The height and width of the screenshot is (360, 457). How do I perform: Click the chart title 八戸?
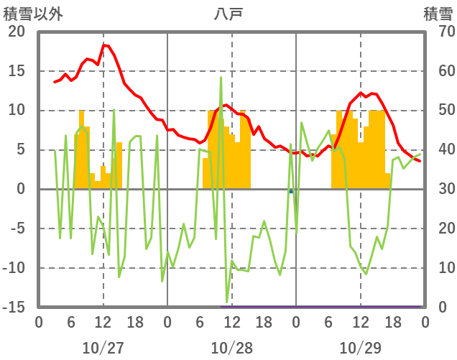coord(229,14)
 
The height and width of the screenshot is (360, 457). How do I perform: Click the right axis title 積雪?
coord(438,14)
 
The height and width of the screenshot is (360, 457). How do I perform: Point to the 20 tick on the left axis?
coord(17,32)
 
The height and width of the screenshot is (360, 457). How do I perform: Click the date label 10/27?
coord(103,348)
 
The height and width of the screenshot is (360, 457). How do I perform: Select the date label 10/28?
coord(231,348)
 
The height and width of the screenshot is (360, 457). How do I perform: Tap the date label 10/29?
coord(360,348)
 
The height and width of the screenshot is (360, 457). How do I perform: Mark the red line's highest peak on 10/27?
coord(104,45)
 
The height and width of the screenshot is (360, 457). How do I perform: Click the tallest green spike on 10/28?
coord(221,78)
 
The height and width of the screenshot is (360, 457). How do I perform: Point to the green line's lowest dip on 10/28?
coord(227,303)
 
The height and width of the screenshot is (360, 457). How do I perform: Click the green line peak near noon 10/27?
coord(114,110)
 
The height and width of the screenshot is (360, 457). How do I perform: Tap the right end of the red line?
coord(420,161)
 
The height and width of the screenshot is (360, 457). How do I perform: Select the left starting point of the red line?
coord(55,82)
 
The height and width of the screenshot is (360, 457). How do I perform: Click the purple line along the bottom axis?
coord(323,306)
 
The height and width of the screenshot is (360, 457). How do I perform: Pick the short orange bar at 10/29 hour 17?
coord(388,181)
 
